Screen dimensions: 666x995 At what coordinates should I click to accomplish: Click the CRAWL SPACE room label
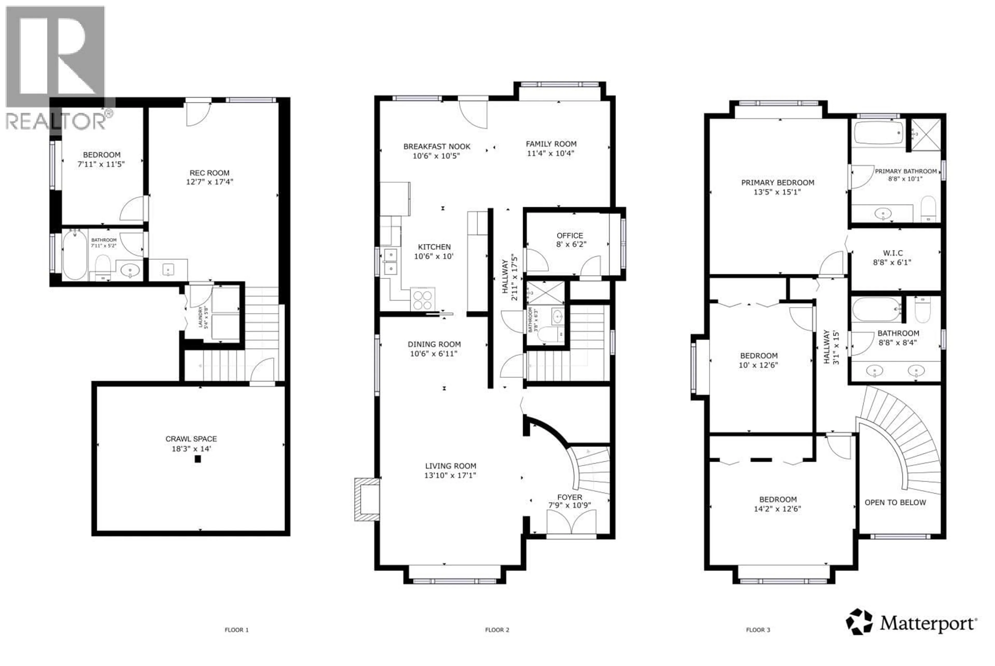point(191,439)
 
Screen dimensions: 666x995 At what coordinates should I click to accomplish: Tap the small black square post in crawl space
point(197,459)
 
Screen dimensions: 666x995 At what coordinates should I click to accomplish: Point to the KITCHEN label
point(434,247)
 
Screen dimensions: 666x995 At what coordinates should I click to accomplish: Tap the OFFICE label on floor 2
point(570,235)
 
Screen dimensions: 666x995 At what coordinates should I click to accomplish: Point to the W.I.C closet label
point(892,253)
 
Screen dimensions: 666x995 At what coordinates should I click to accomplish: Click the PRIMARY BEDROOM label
point(778,183)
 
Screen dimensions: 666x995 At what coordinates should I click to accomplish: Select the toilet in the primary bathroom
point(928,208)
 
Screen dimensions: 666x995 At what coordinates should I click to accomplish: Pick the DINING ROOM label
point(434,344)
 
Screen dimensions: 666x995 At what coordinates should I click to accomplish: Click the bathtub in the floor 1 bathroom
point(75,255)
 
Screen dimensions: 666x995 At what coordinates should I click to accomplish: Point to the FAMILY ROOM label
point(551,144)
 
